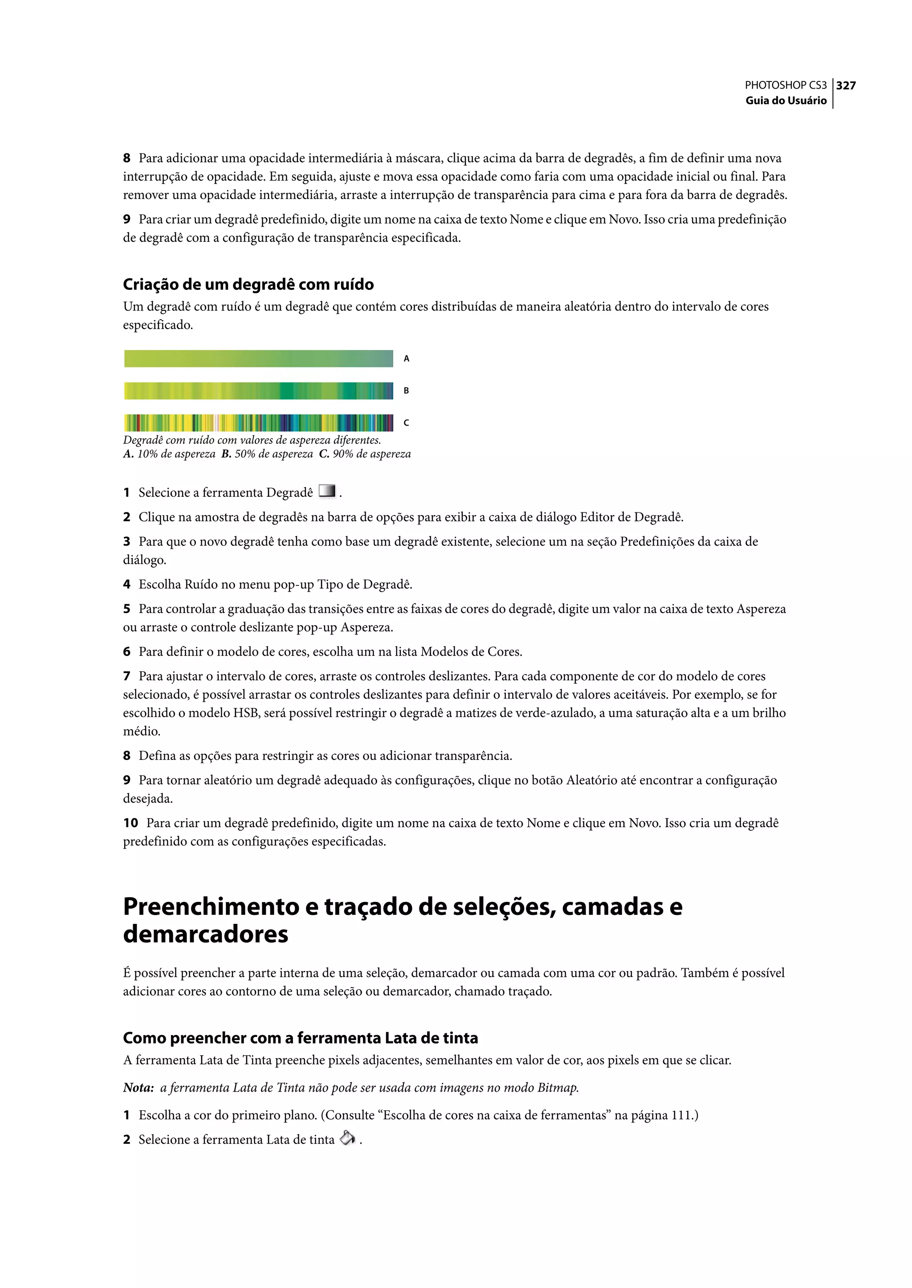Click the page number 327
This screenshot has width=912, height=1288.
coord(846,85)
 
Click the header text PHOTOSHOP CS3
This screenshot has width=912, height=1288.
coord(785,85)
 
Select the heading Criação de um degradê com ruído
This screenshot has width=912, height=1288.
coord(248,284)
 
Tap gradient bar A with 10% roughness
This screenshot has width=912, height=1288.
coord(258,358)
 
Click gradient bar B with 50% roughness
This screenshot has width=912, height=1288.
coord(258,391)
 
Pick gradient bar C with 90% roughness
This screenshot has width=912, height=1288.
coord(258,423)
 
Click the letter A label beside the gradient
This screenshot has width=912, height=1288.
coord(407,359)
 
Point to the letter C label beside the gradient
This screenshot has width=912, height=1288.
coord(407,423)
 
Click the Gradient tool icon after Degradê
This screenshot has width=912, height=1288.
coord(327,491)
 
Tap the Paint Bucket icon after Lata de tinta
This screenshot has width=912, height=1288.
coord(348,1138)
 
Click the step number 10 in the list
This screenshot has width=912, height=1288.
coord(130,823)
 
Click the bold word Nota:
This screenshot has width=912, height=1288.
coord(138,1088)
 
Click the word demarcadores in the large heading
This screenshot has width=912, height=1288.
coord(206,934)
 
